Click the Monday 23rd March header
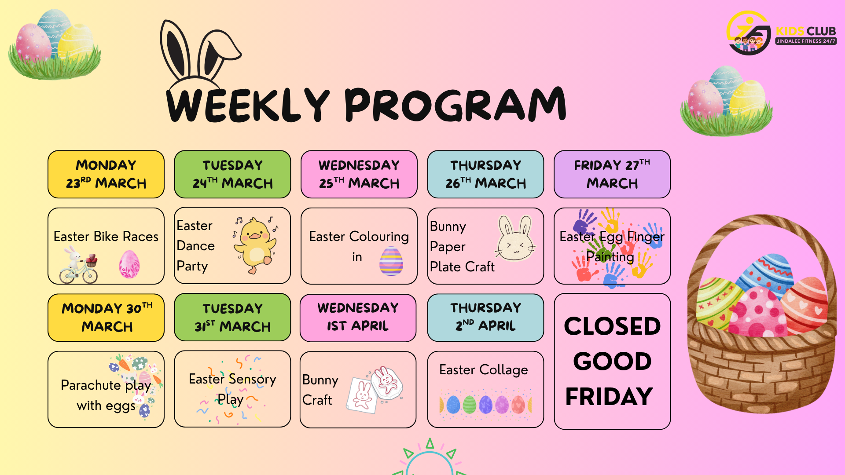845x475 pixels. tap(106, 174)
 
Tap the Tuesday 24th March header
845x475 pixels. tap(232, 174)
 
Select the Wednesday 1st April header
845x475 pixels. tap(358, 318)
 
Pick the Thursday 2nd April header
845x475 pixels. tap(485, 318)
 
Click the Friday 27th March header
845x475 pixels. tap(612, 174)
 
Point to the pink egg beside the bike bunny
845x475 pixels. tap(129, 264)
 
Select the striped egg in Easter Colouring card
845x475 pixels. tap(391, 261)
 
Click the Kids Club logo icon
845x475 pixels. tap(749, 33)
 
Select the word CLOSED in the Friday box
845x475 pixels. tap(612, 326)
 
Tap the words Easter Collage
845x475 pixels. tap(484, 370)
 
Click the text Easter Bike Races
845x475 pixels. tap(106, 237)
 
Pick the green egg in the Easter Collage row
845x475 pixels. tap(470, 405)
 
